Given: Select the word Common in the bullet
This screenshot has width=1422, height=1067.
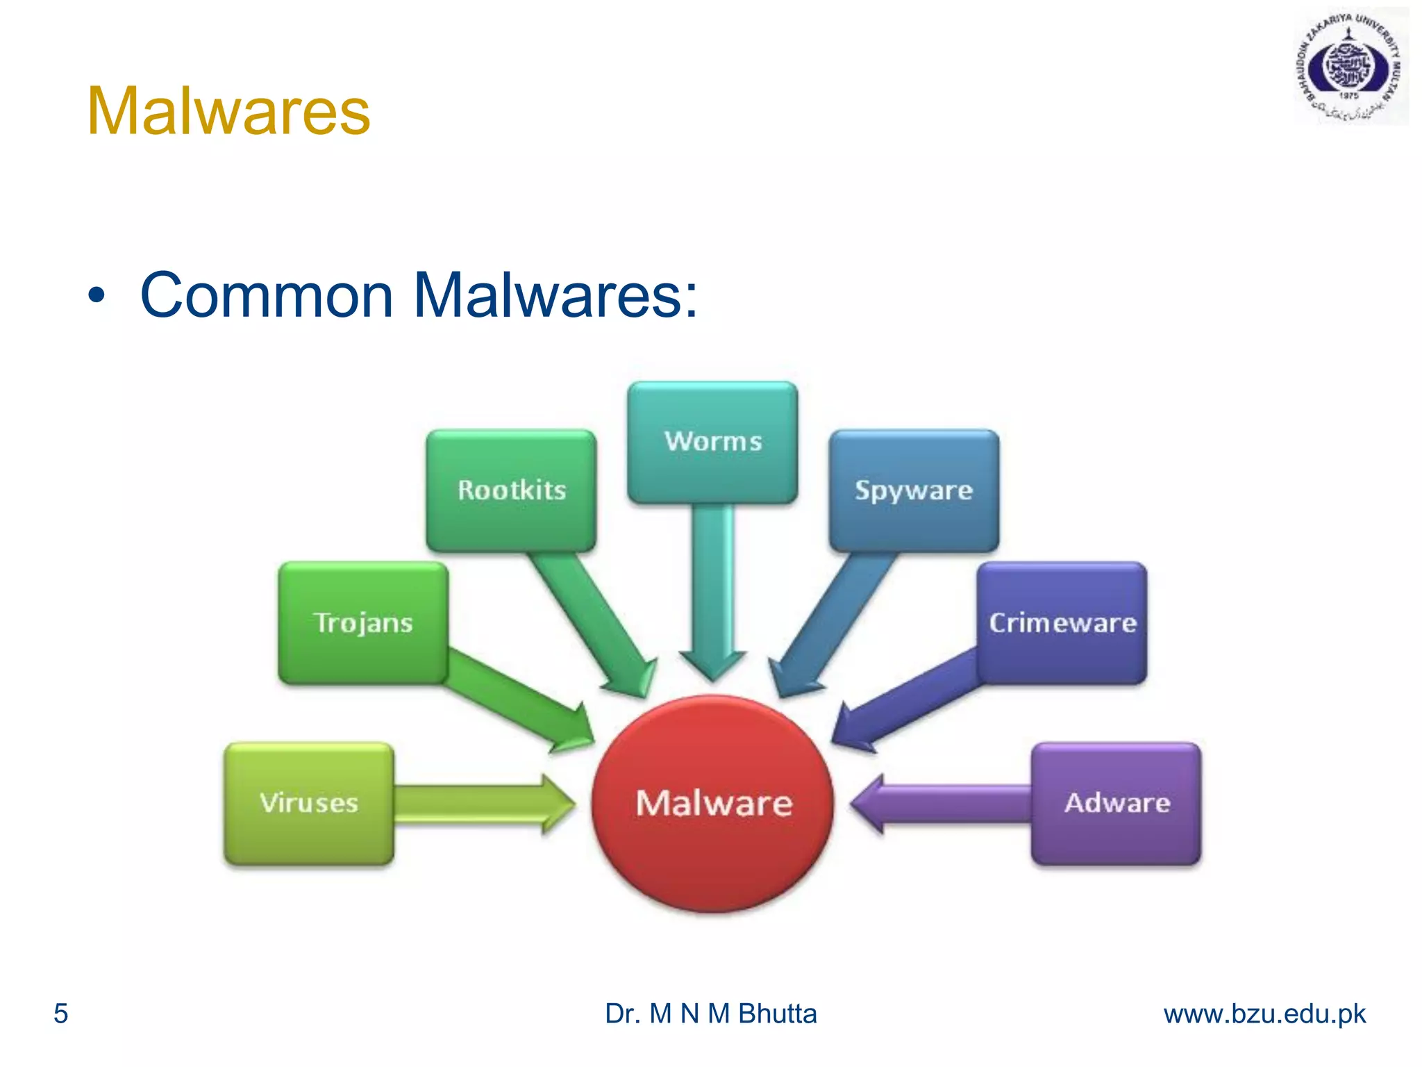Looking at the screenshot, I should (x=267, y=295).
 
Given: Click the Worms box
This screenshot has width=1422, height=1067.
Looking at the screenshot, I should (x=712, y=442).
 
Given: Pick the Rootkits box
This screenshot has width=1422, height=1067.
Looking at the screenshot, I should (x=511, y=490).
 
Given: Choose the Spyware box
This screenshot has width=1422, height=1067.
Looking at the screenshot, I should (x=914, y=490).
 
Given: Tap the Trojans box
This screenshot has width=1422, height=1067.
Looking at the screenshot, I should (x=363, y=623).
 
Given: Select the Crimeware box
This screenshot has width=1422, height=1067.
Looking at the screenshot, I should (x=1062, y=623).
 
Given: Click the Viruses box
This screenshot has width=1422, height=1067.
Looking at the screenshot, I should (x=309, y=804).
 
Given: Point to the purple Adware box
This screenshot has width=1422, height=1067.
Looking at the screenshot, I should (x=1116, y=804).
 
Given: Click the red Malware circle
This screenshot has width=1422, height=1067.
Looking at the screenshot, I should (x=713, y=804).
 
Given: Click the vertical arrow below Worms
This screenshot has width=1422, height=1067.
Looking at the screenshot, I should (x=712, y=590).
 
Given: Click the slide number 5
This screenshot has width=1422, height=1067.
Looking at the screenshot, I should (x=61, y=1014).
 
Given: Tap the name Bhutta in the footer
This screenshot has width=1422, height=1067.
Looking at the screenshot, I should (x=777, y=1014).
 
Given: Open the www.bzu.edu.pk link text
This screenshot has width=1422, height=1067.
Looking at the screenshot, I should (x=1264, y=1014).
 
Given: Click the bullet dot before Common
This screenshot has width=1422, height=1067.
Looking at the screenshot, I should (x=97, y=296).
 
